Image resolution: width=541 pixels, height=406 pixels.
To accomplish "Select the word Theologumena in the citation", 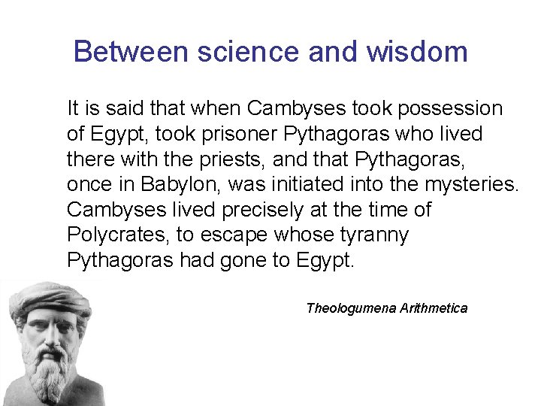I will pyautogui.click(x=350, y=308).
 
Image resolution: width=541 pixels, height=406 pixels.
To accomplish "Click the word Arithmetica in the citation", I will pyautogui.click(x=434, y=308).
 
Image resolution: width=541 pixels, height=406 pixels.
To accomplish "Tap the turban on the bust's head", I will pyautogui.click(x=49, y=297).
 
